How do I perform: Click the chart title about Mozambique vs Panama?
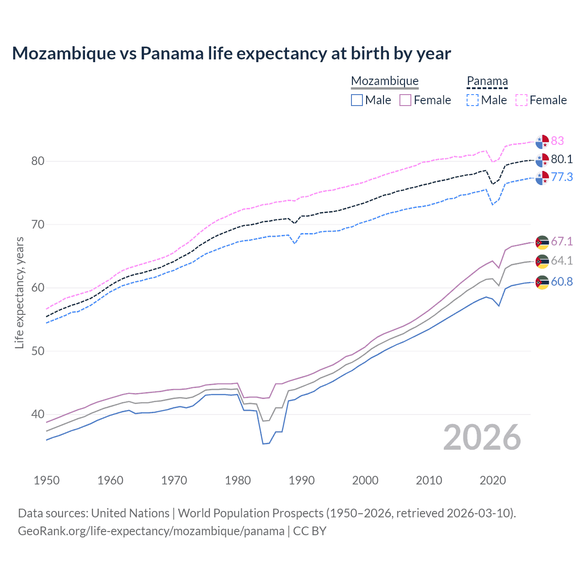[231, 53]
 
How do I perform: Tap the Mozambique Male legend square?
[357, 100]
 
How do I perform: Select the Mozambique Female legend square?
[405, 100]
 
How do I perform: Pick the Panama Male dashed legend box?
[473, 100]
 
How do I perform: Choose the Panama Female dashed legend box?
[521, 100]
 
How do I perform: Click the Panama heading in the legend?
[487, 81]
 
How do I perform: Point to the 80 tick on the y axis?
[38, 161]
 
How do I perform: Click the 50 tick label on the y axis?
[38, 351]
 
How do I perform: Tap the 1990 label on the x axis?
[302, 480]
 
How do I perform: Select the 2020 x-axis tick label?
[493, 480]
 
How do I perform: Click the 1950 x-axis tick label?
[47, 480]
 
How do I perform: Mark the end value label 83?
[557, 141]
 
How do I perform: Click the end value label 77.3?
[562, 177]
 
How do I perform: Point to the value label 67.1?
[562, 241]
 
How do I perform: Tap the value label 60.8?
[562, 282]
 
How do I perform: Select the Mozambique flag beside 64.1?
[542, 261]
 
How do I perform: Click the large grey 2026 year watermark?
[482, 438]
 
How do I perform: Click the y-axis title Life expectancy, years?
[19, 292]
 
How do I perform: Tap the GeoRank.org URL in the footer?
[151, 531]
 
